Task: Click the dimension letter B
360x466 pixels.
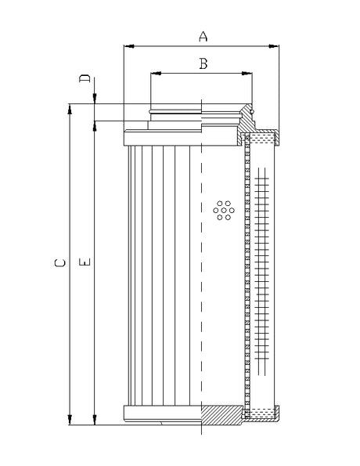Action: pos(202,63)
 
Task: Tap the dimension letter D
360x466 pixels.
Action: pos(86,80)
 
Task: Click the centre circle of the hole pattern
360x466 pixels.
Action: pos(224,209)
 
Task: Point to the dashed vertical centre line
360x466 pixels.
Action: pos(201,274)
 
